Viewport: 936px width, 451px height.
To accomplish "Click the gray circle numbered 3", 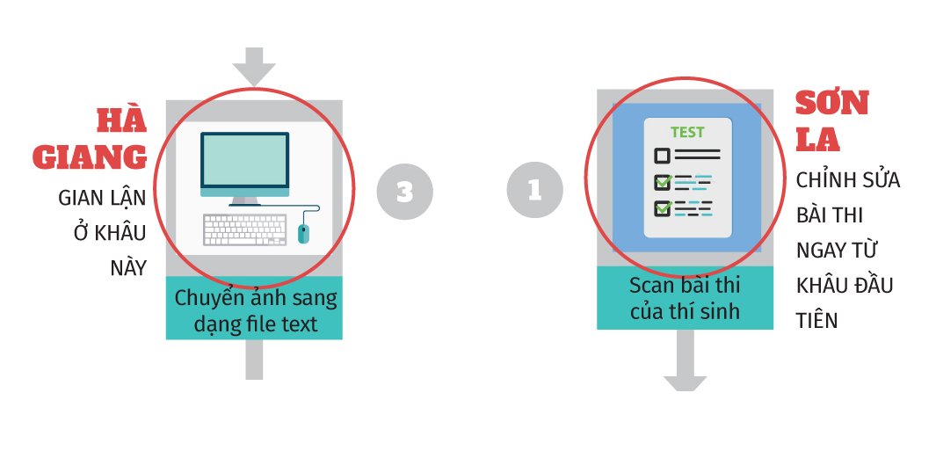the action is coord(405,191).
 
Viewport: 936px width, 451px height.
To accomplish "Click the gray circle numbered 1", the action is coord(535,190).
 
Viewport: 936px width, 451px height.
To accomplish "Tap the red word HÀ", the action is coord(121,122).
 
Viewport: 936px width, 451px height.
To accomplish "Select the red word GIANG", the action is coord(90,156).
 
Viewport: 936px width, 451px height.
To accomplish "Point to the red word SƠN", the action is coord(832,103).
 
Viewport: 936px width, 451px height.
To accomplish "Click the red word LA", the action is coord(818,139).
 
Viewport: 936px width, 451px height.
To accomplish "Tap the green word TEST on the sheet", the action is coord(687,132).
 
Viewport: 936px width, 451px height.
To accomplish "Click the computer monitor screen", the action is coord(244,161).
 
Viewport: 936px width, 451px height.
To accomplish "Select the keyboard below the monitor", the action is coord(244,229).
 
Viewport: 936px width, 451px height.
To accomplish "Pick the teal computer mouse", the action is coord(304,234).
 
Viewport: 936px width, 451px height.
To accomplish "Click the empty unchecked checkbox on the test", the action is coord(662,156).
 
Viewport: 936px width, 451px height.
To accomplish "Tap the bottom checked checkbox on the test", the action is coord(662,208).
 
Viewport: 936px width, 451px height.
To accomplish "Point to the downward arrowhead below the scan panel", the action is coord(686,383).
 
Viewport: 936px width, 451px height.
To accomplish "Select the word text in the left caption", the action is coord(297,324).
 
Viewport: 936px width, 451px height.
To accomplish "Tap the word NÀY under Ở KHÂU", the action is coord(128,267).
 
